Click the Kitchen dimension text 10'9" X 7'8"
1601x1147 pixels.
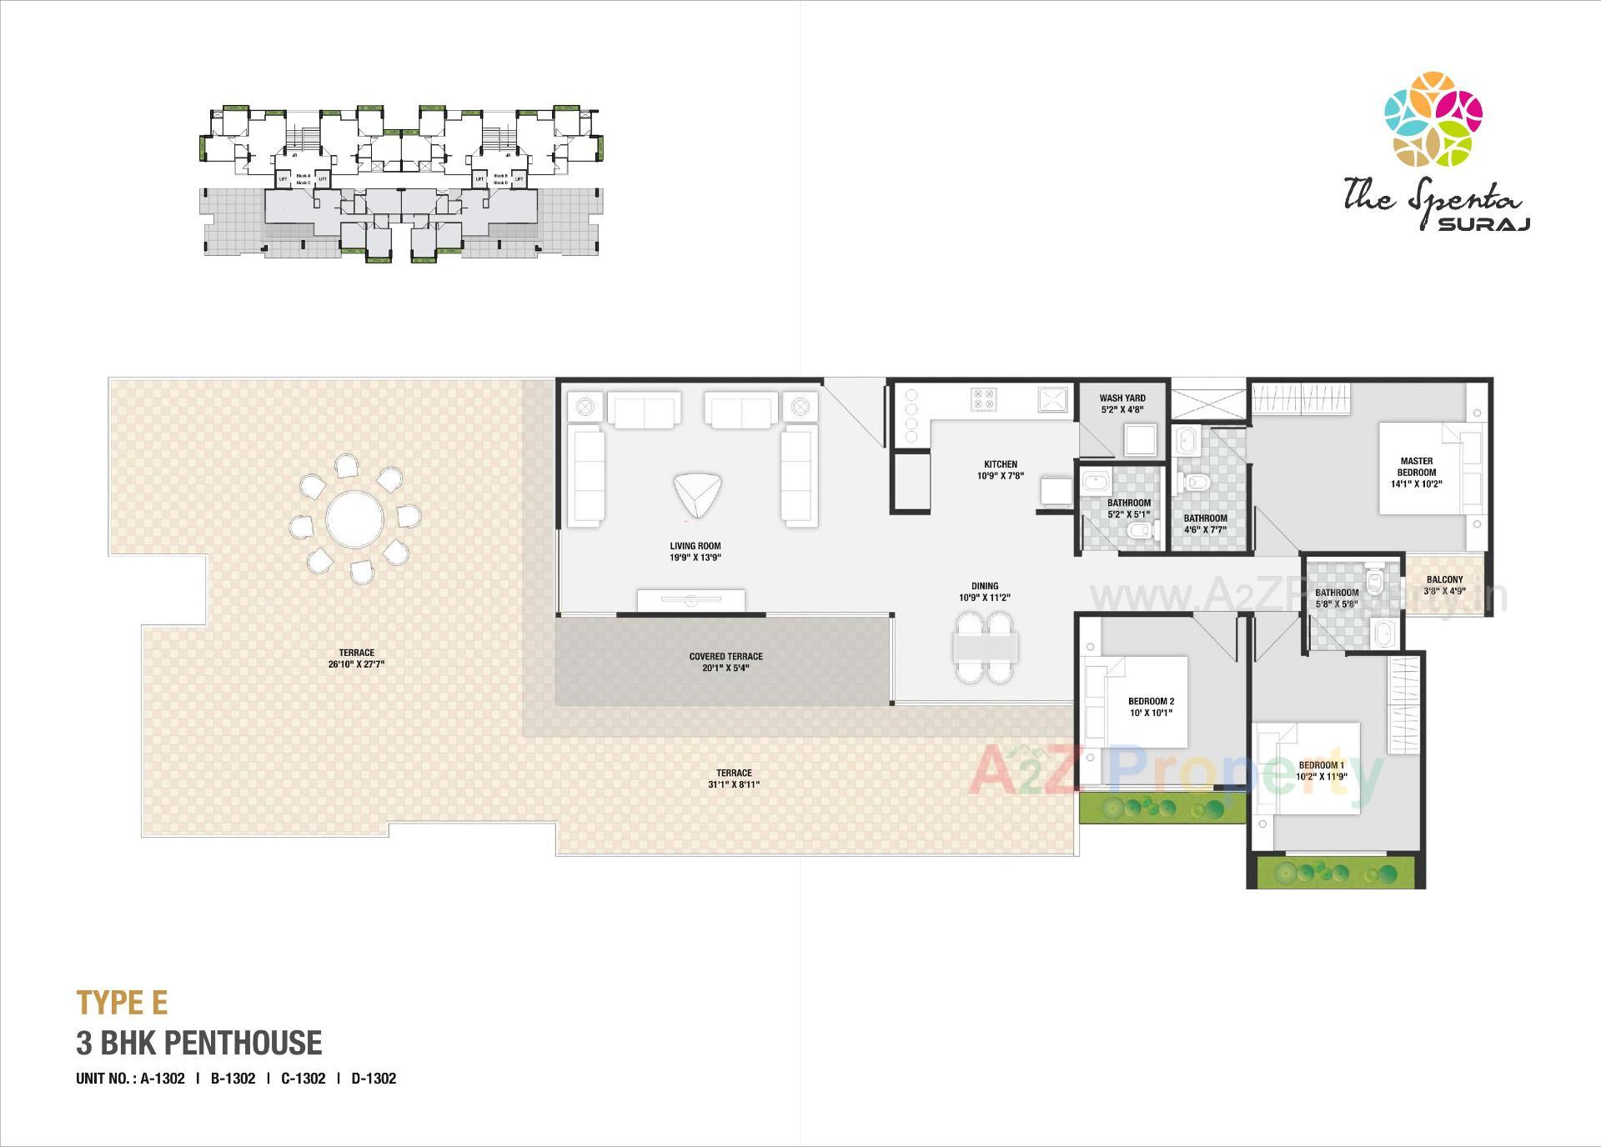pos(1000,476)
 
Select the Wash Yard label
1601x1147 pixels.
pos(1122,398)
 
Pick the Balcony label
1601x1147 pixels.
pos(1444,580)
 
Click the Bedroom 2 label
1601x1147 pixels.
pos(1151,701)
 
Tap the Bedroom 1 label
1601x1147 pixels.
pos(1321,765)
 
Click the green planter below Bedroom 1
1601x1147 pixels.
pos(1335,874)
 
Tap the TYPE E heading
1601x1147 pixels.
pos(122,1003)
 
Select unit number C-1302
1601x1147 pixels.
pos(303,1078)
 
